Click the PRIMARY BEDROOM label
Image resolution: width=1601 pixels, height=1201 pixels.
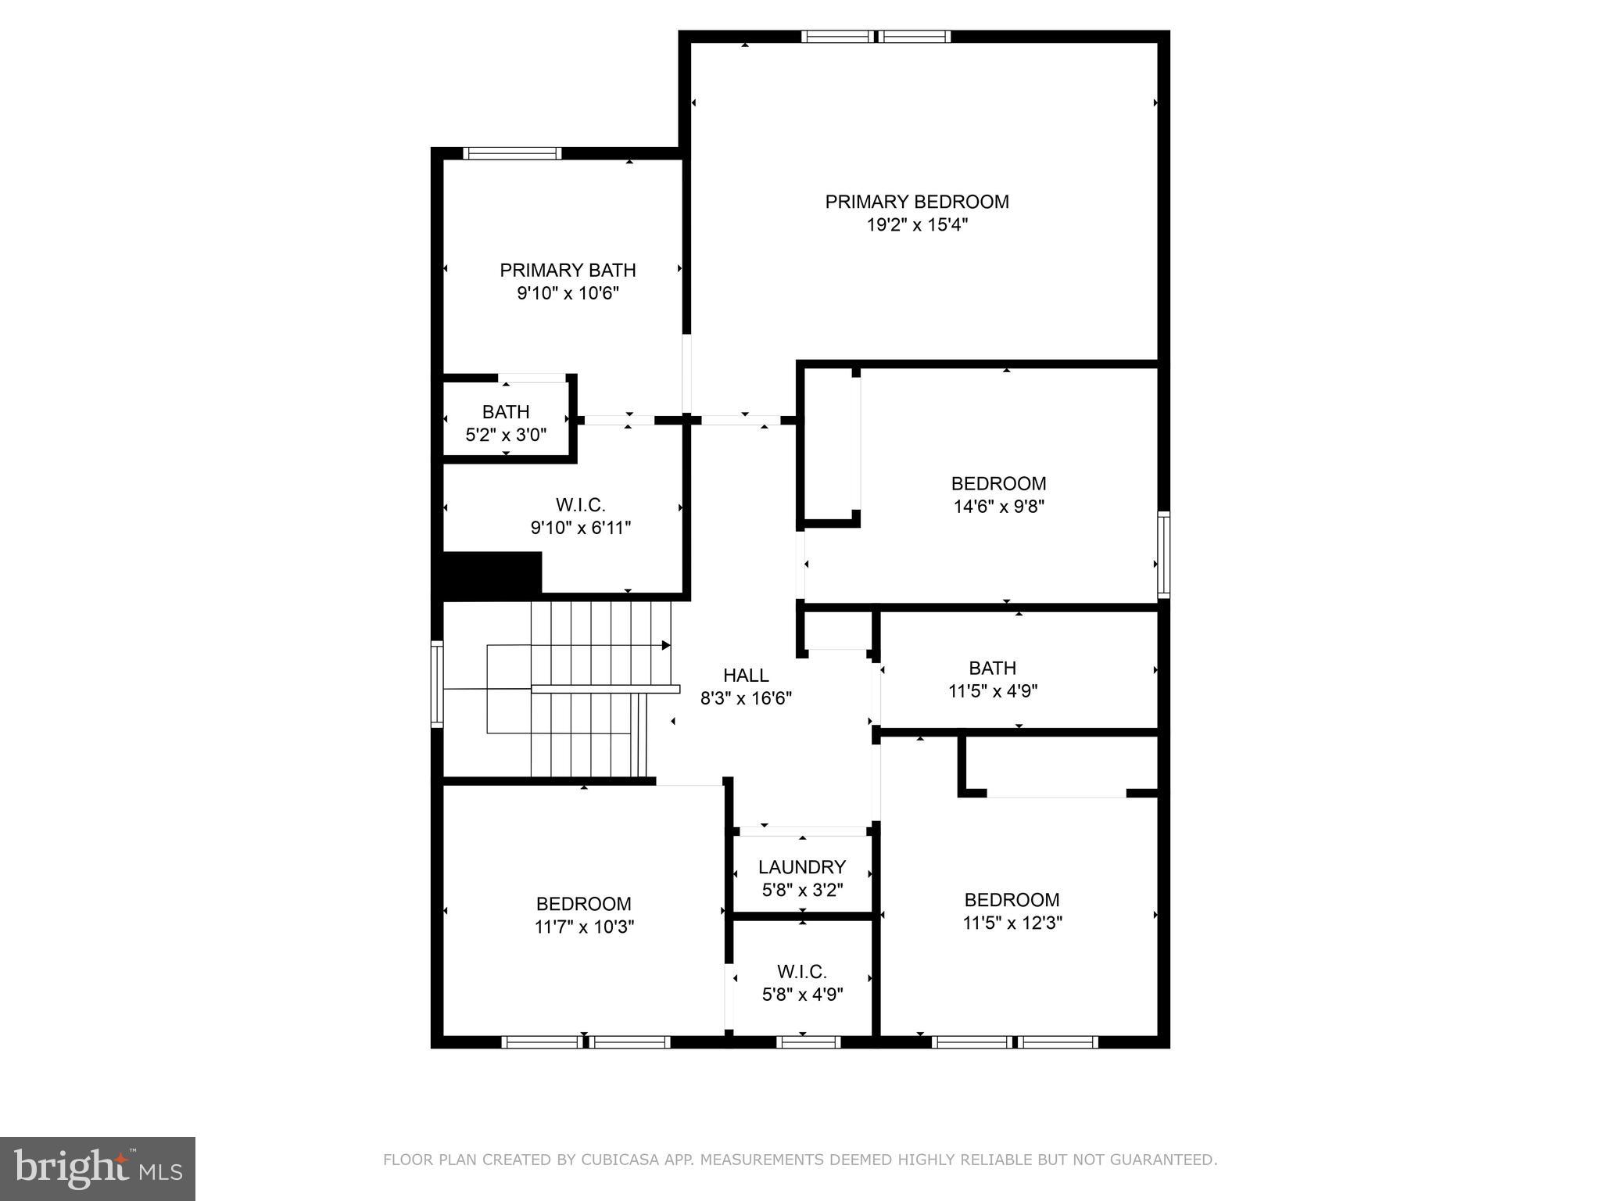(x=917, y=202)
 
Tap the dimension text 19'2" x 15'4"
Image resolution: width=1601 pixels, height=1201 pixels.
(x=917, y=225)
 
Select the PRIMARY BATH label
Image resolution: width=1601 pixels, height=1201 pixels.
(x=568, y=271)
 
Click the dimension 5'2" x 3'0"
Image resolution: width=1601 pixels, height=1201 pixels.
(x=506, y=435)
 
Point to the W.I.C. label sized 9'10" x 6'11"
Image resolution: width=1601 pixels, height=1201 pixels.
(x=580, y=505)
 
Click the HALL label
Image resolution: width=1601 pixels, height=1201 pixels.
(x=746, y=675)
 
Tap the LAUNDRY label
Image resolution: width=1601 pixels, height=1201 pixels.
(x=802, y=867)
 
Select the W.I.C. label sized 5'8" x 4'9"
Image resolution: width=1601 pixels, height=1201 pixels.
(x=802, y=972)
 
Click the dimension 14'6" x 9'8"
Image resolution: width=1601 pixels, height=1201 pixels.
(x=998, y=507)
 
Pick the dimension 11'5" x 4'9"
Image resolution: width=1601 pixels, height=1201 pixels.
(x=993, y=691)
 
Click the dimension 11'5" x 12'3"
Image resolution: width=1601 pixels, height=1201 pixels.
(x=1012, y=923)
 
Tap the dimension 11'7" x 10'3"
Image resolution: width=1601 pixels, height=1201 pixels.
(x=584, y=927)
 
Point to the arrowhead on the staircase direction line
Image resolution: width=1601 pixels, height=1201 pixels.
(x=666, y=645)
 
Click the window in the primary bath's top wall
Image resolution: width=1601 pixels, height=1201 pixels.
(x=512, y=153)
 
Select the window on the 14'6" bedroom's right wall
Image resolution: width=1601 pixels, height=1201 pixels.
(x=1163, y=554)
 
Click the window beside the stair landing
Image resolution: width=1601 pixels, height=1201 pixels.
(x=437, y=684)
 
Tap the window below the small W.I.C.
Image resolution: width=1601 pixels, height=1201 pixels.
(x=808, y=1041)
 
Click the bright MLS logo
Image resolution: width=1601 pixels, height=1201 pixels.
(x=98, y=1168)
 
